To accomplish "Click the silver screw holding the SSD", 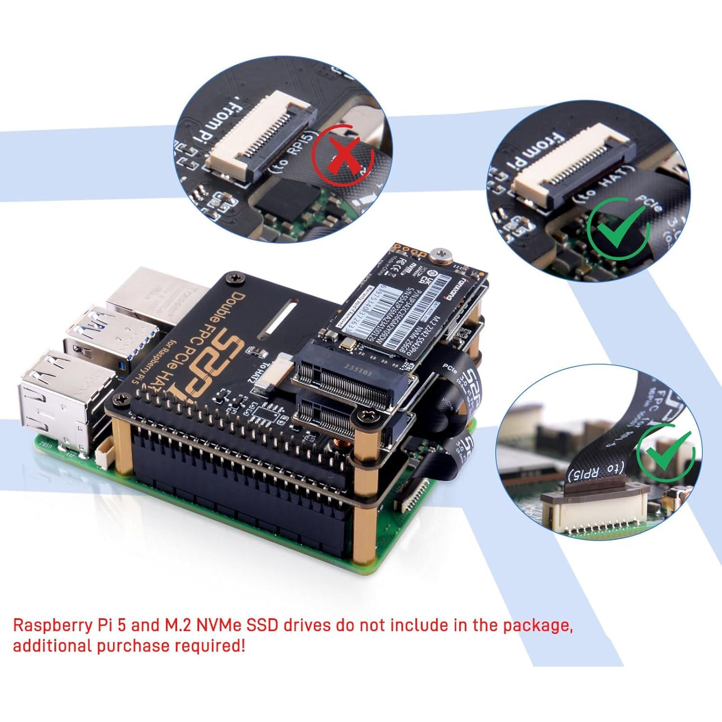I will (441, 253).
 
